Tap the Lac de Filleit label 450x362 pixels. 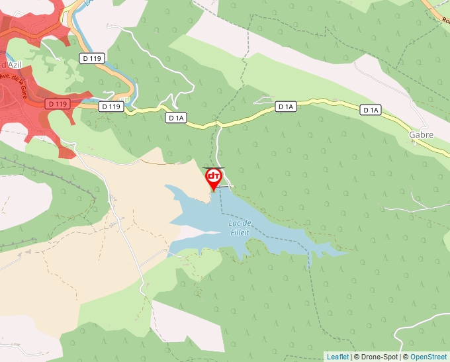tap(239, 227)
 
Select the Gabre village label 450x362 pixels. tap(421, 134)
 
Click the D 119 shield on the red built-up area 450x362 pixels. tap(58, 104)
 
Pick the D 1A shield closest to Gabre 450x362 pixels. tap(371, 110)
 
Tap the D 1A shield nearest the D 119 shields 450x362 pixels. tap(176, 118)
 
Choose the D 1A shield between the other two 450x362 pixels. tap(285, 106)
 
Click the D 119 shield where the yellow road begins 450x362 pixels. tap(111, 106)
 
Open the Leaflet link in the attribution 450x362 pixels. tap(337, 357)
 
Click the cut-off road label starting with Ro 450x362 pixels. tap(445, 19)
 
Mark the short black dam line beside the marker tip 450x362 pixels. tap(223, 188)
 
